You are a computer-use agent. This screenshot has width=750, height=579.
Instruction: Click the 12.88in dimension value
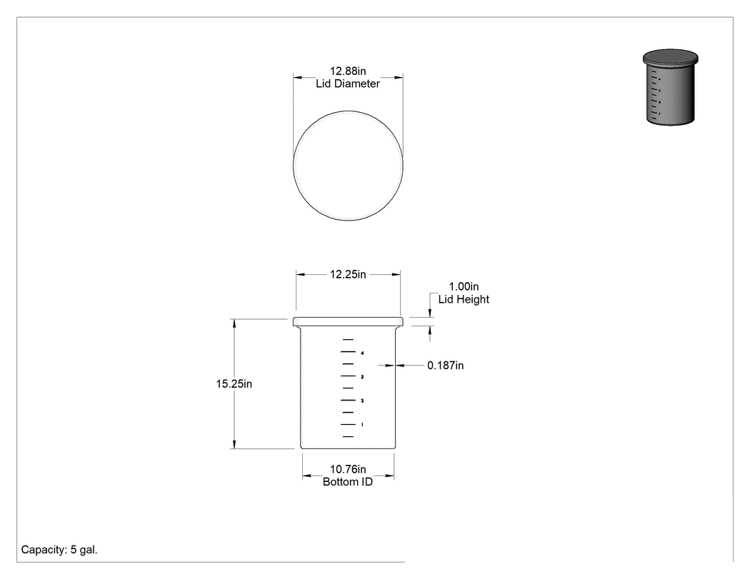tap(348, 71)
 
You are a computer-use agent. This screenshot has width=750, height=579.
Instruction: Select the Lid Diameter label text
tap(348, 84)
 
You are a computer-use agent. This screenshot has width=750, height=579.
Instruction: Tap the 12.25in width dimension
tap(348, 274)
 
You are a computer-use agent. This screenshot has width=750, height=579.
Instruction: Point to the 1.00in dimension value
tap(464, 286)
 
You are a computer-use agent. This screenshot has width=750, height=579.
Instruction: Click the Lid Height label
tap(464, 299)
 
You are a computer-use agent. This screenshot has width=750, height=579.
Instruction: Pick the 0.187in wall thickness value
tap(445, 366)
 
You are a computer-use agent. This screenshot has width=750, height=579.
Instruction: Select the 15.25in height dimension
tap(234, 384)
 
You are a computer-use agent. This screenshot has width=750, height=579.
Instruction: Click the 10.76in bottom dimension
tap(348, 470)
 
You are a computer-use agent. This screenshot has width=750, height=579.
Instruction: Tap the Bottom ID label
tap(348, 482)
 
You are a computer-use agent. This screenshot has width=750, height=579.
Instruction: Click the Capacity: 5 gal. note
tap(59, 550)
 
